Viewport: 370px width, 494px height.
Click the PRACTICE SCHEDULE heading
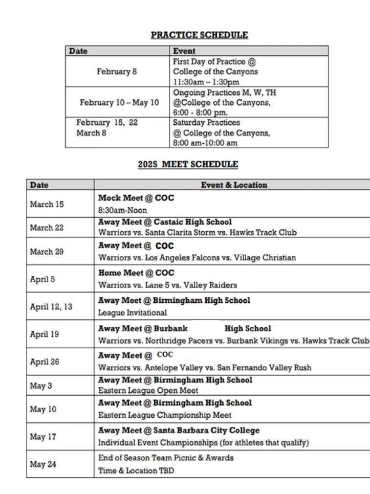click(199, 35)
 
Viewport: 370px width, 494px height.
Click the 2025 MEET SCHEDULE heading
click(188, 165)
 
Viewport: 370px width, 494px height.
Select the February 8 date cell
click(117, 72)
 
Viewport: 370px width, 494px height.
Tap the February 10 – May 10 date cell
click(119, 103)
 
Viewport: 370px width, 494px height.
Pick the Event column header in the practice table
click(184, 51)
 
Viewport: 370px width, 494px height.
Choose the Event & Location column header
click(234, 185)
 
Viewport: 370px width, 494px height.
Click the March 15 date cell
click(47, 204)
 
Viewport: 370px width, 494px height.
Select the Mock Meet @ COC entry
click(136, 199)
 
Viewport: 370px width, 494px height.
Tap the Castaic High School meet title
click(165, 222)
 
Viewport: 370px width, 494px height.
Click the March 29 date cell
click(47, 251)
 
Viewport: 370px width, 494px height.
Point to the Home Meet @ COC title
click(136, 273)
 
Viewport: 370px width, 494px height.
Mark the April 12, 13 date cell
click(51, 307)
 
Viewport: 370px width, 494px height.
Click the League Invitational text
click(132, 313)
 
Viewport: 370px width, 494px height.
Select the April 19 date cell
click(44, 335)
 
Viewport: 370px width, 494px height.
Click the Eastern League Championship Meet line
click(165, 415)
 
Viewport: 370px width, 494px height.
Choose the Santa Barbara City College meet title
click(179, 430)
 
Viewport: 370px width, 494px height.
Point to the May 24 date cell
click(43, 464)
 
